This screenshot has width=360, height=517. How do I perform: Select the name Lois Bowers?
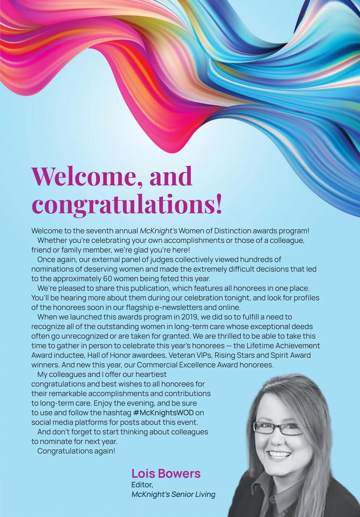click(166, 473)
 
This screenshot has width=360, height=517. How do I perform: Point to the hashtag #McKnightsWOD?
click(163, 413)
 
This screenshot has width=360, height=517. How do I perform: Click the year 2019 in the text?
click(189, 317)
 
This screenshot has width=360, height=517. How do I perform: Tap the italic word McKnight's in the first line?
click(159, 231)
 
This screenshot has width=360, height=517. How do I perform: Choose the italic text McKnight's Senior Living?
click(173, 494)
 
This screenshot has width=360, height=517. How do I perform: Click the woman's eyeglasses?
click(277, 429)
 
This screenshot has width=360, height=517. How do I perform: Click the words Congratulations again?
click(76, 451)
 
